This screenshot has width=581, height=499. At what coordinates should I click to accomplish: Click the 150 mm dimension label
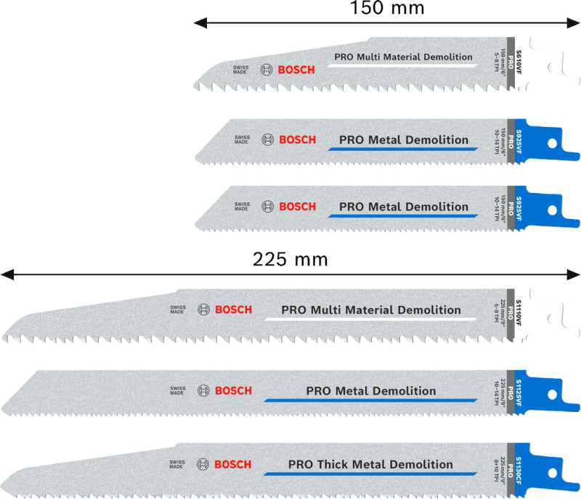[x=387, y=8]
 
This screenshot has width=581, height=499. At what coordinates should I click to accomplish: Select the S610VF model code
[x=519, y=59]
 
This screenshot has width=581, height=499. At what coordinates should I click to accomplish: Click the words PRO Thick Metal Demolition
[x=370, y=464]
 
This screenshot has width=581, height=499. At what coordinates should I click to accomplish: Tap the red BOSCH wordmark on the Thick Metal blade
[x=233, y=464]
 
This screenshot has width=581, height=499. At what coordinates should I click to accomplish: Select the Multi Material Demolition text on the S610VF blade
[x=403, y=57]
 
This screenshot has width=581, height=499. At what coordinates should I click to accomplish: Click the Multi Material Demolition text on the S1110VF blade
[x=370, y=310]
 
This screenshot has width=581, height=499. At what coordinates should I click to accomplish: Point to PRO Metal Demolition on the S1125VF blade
[x=371, y=391]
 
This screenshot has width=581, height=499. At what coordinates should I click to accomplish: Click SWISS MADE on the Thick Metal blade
[x=177, y=465]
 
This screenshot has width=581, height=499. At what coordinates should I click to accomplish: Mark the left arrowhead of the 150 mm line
[x=198, y=23]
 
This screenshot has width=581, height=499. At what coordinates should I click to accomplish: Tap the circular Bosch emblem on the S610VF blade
[x=265, y=70]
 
